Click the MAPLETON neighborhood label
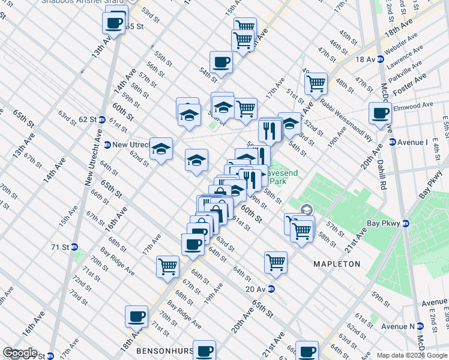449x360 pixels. pyautogui.click(x=337, y=264)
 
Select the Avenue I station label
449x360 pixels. pyautogui.click(x=411, y=142)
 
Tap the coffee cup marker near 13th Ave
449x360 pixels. pyautogui.click(x=114, y=24)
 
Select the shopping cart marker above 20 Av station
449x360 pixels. pyautogui.click(x=276, y=262)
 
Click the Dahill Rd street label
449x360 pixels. pyautogui.click(x=382, y=170)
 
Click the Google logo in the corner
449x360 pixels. pyautogui.click(x=20, y=353)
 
